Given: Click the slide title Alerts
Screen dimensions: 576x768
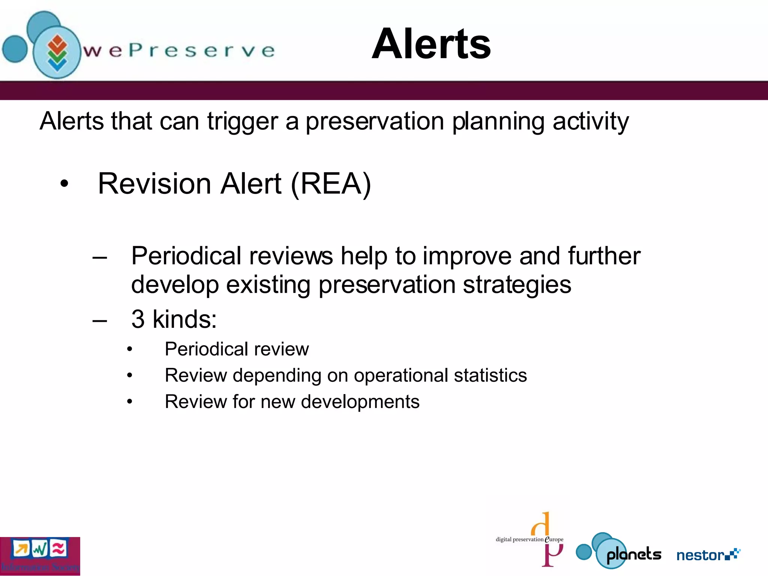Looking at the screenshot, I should coord(431,44).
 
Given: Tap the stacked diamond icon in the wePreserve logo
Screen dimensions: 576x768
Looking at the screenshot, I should coord(57,53).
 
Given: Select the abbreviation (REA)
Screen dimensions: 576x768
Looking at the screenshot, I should coord(331,184).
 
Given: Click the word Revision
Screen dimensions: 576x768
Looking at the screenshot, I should coord(154,184).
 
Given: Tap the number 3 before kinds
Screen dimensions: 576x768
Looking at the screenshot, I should coord(138,319).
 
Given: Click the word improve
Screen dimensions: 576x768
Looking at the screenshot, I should coord(467,256).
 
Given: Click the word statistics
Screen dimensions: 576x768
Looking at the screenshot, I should coord(490,375).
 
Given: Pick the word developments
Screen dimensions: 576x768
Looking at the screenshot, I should coord(360,402).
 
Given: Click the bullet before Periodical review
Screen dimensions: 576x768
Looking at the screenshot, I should coord(129,349).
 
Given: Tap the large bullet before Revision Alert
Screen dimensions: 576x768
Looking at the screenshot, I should coord(64,184).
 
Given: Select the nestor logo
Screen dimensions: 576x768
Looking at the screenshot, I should coord(708,555).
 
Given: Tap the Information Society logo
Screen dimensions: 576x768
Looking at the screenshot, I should coord(40,556).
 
